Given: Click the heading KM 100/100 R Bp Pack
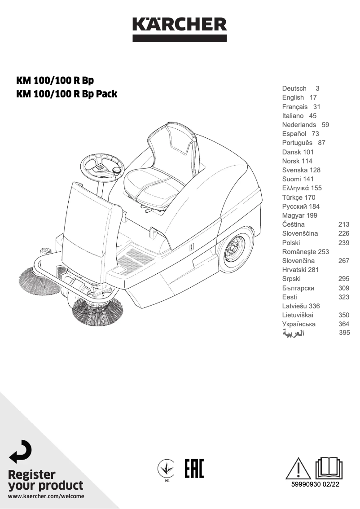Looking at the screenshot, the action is [x=66, y=94].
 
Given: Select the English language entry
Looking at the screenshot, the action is [x=293, y=97].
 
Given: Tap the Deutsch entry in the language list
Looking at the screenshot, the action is [x=294, y=88].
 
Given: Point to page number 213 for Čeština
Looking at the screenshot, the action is [x=343, y=224].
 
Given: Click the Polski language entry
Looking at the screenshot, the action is [x=291, y=242].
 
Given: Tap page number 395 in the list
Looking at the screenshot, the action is [x=344, y=333].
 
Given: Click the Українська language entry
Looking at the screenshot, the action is [x=299, y=324].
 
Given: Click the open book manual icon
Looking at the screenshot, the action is [x=330, y=468].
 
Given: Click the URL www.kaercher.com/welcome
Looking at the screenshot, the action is [x=46, y=496].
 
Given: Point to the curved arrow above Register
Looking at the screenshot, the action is [x=21, y=452].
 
